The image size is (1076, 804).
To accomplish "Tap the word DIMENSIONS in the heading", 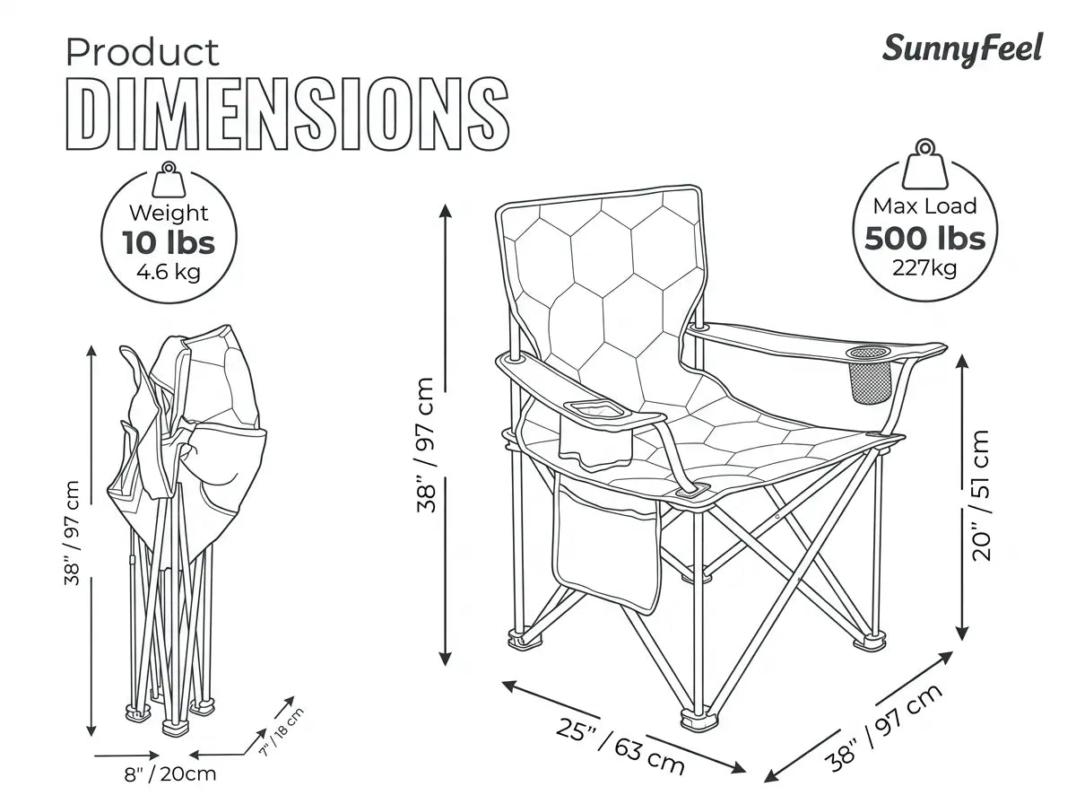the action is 288,113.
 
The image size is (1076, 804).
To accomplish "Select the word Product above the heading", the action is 143,52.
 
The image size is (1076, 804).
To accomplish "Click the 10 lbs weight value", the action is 169,243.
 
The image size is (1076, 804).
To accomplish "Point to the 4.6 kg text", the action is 169,272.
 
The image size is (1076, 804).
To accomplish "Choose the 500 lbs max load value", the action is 925,239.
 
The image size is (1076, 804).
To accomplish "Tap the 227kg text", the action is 925,268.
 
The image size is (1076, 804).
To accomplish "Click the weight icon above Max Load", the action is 925,164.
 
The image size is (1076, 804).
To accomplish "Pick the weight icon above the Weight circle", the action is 169,180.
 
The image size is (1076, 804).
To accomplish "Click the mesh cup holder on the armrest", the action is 870,374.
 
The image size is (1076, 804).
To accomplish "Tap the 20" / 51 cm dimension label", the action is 982,495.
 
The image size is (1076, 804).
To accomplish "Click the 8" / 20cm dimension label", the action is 170,774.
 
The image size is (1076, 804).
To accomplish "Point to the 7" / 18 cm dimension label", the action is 282,731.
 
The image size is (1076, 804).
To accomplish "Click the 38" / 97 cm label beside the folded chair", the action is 72,533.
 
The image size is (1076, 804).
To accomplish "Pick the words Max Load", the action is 925,206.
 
